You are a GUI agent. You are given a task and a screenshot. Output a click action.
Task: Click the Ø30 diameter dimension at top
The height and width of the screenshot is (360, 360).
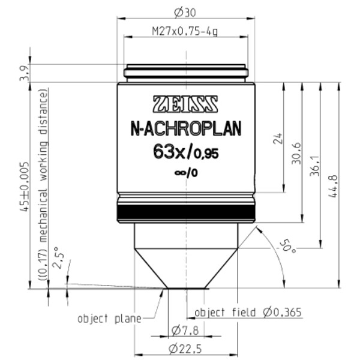(x=185, y=11)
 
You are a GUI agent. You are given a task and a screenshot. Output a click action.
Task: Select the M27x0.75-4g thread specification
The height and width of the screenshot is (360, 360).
(x=185, y=31)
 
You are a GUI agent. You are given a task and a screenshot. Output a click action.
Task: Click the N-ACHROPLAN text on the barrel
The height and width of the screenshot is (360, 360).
(x=185, y=127)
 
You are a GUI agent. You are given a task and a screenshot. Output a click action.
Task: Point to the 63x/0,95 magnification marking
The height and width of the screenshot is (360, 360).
(x=185, y=153)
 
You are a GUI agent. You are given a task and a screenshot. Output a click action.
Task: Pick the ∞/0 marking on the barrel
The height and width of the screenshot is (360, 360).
(x=185, y=173)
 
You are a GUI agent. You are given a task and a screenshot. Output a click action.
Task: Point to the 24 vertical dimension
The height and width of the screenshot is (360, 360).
(x=277, y=139)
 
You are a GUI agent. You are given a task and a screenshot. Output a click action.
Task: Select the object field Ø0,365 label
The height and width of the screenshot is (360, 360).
(x=248, y=313)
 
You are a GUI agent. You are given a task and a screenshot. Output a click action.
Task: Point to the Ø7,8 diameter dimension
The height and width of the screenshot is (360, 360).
(x=185, y=329)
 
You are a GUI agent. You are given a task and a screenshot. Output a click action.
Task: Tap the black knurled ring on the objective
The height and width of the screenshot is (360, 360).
(x=185, y=212)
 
